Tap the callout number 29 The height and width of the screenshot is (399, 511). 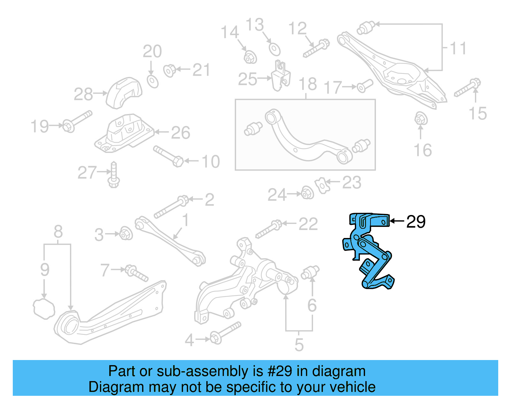(x=416, y=221)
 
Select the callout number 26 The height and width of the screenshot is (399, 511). (x=180, y=133)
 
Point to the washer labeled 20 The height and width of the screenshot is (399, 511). (x=153, y=81)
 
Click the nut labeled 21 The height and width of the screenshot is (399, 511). (x=169, y=71)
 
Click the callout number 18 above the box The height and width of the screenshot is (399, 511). (x=308, y=84)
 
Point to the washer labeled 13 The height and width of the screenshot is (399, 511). (x=274, y=50)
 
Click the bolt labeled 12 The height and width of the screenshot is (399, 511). (x=316, y=48)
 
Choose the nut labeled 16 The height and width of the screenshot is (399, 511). (x=421, y=119)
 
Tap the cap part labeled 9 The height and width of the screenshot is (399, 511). (x=44, y=309)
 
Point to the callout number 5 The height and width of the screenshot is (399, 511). (x=299, y=345)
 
